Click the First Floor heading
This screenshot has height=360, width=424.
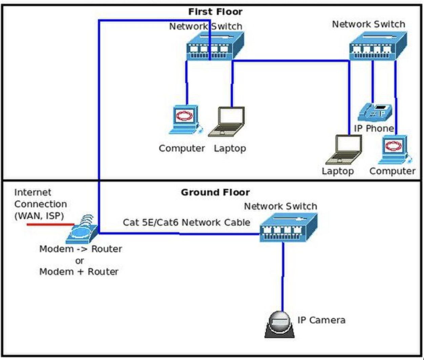click(215, 12)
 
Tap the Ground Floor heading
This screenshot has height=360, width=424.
click(215, 193)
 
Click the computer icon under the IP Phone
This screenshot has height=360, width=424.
click(395, 149)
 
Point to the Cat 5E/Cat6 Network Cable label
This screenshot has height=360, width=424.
click(186, 222)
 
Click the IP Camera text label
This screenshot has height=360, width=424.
click(321, 320)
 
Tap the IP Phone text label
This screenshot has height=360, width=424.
click(374, 128)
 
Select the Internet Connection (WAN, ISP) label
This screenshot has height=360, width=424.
click(40, 204)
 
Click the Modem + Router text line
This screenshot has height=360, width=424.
click(79, 272)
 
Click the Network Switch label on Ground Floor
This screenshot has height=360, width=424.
click(280, 206)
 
